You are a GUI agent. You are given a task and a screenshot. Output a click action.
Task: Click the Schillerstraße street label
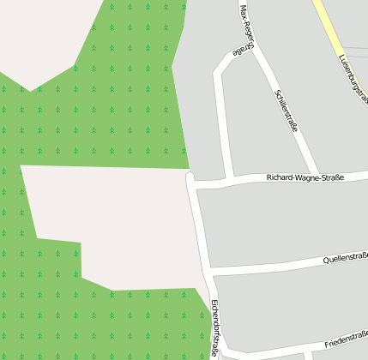click(287, 110)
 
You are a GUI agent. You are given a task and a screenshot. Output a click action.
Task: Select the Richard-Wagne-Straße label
click(305, 178)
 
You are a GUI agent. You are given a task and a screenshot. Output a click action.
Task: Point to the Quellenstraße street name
click(344, 258)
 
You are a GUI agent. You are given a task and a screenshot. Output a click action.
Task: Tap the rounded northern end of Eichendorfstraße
click(190, 178)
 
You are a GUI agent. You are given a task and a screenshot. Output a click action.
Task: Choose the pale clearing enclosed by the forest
click(120, 223)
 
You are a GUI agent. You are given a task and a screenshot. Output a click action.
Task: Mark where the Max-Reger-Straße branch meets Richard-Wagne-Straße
click(229, 181)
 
